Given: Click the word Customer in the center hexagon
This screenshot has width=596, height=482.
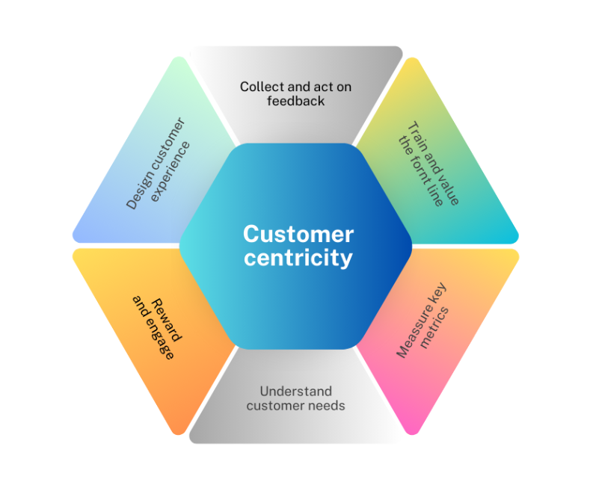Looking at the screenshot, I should (298, 234).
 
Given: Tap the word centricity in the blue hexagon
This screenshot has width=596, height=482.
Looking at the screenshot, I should (298, 259).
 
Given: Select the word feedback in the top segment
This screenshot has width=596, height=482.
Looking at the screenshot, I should (296, 100).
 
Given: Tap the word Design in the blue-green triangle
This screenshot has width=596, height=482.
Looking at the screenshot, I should (135, 194).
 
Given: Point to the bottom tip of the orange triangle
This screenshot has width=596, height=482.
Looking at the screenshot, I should (178, 432).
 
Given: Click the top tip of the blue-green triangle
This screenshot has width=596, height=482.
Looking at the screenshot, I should (178, 58).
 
